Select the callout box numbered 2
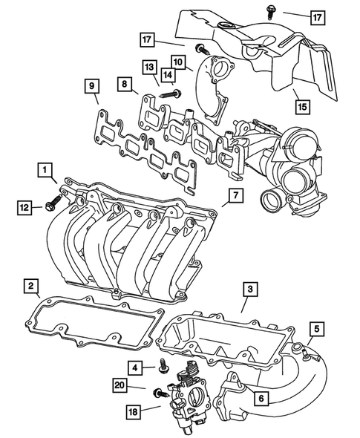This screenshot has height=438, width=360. coord(31,286)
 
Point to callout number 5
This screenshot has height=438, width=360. coord(316,328)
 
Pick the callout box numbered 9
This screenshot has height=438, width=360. coord(91,88)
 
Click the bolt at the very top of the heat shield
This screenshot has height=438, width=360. coord(266,11)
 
